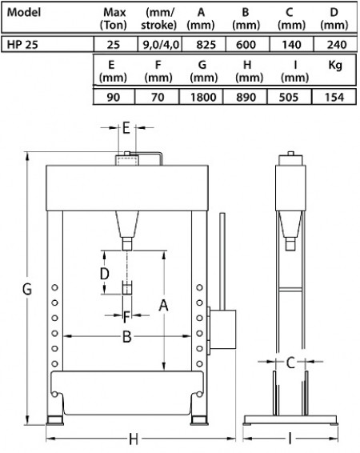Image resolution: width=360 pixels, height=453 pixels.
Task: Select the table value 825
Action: [x=206, y=45]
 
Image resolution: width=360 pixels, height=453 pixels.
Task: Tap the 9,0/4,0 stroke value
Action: [x=161, y=45]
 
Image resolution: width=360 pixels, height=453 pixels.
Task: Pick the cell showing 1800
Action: [x=203, y=97]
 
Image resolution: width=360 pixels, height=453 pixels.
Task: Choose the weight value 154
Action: [x=334, y=97]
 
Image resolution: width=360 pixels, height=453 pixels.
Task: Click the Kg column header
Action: [x=335, y=66]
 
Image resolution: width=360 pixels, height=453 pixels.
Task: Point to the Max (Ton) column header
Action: [x=113, y=18]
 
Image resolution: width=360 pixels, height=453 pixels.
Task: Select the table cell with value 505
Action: [x=289, y=97]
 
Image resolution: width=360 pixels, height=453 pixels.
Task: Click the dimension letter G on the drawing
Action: [x=27, y=289]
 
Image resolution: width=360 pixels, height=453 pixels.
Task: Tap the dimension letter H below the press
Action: [x=134, y=439]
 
